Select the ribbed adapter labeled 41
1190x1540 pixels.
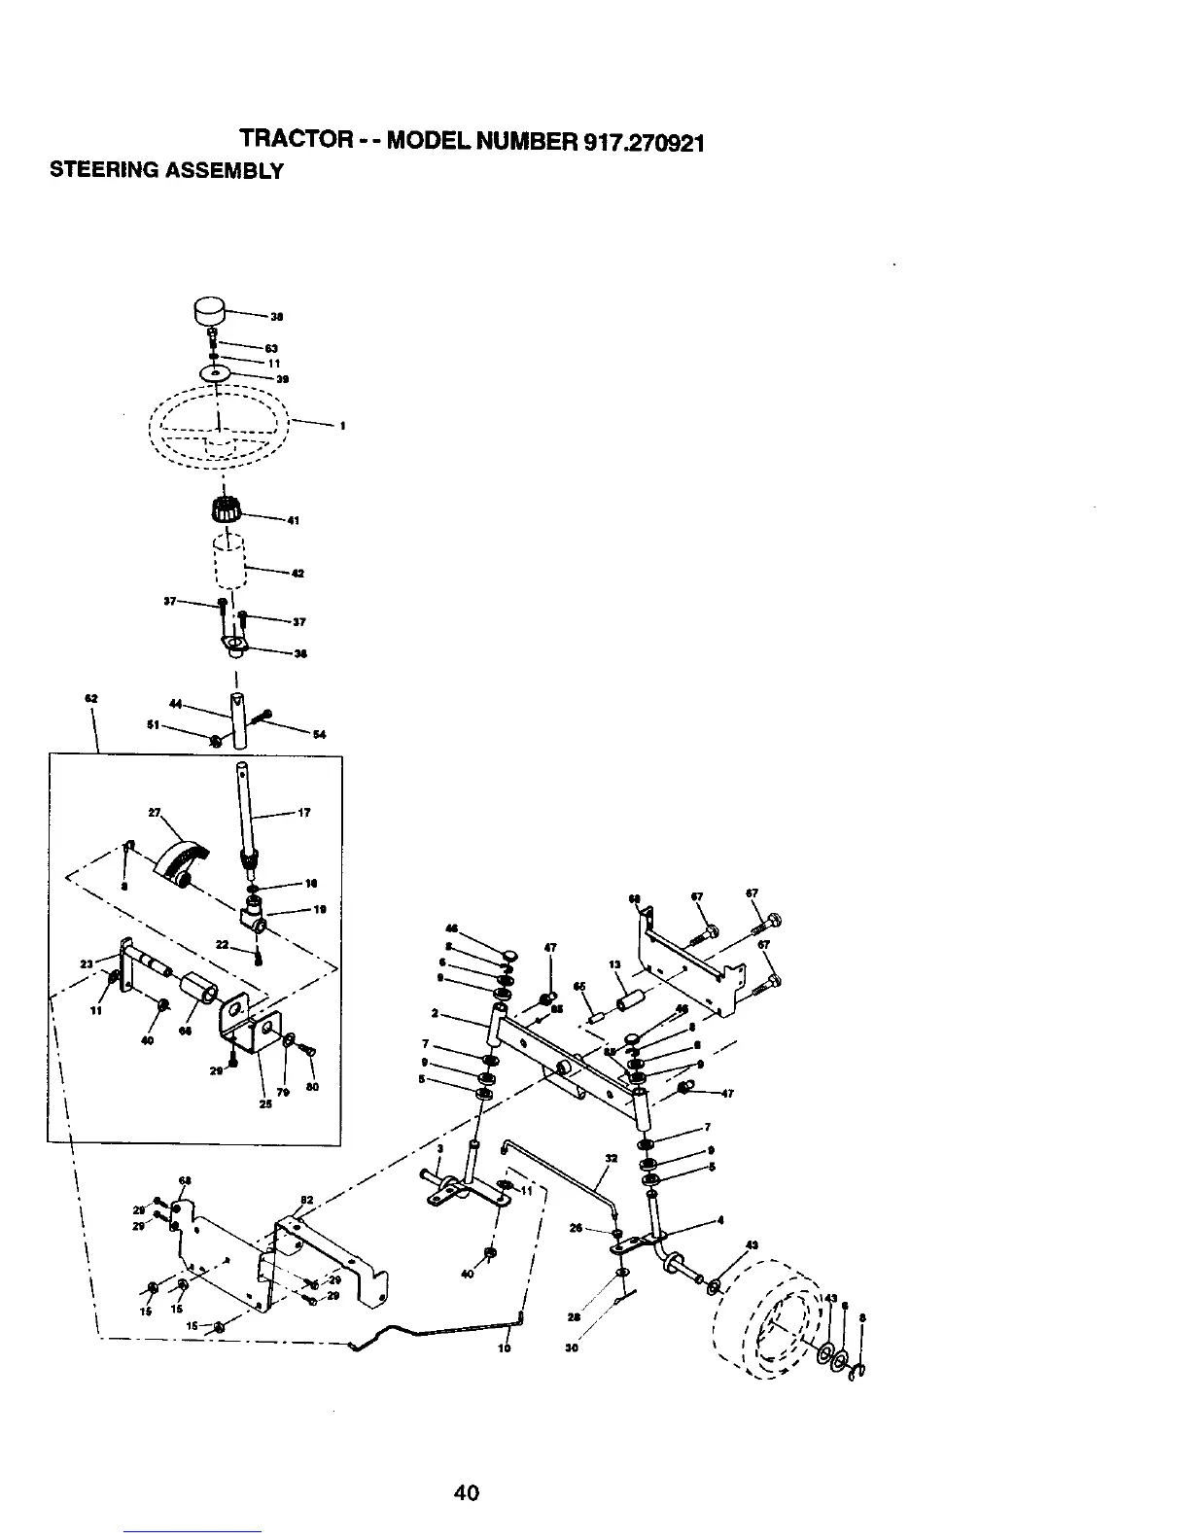pyautogui.click(x=226, y=507)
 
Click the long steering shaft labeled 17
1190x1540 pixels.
pyautogui.click(x=244, y=807)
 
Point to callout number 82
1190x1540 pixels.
pyautogui.click(x=304, y=1200)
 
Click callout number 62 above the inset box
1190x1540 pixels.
pyautogui.click(x=90, y=698)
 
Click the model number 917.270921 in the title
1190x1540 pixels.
pyautogui.click(x=645, y=143)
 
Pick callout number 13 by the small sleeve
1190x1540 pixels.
pyautogui.click(x=614, y=965)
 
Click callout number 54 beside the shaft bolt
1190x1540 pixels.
pyautogui.click(x=318, y=734)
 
